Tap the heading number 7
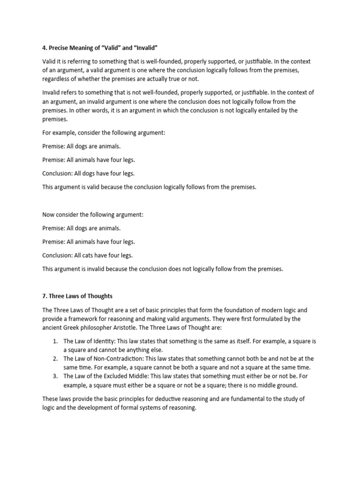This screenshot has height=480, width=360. [44, 296]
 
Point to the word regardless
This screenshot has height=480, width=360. [57, 79]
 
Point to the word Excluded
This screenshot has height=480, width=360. [109, 376]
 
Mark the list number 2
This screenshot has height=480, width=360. [55, 359]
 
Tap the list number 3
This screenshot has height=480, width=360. [55, 376]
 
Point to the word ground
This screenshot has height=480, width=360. [285, 385]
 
